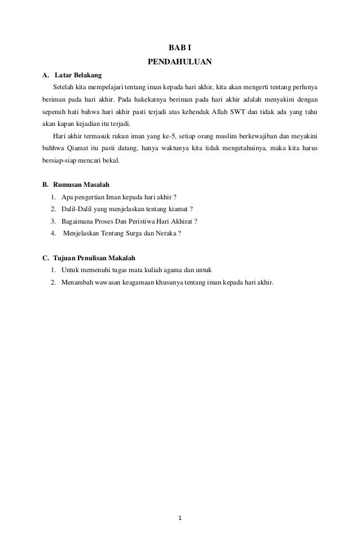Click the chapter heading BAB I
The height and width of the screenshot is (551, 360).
pyautogui.click(x=180, y=48)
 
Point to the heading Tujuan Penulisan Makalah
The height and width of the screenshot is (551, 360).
pyautogui.click(x=94, y=258)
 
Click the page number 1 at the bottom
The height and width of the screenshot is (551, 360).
pyautogui.click(x=180, y=518)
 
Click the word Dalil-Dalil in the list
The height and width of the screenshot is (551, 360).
pyautogui.click(x=76, y=209)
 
